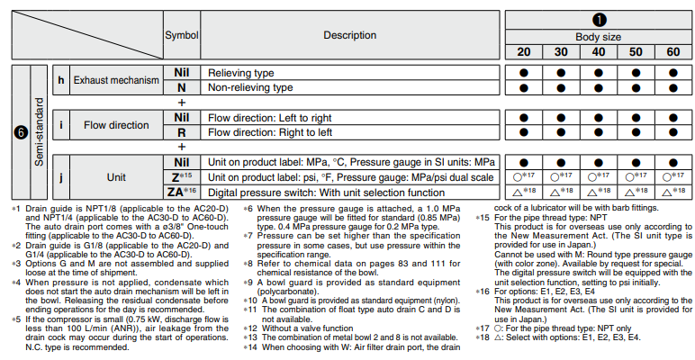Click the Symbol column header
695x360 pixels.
[181, 34]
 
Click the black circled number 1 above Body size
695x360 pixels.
[598, 18]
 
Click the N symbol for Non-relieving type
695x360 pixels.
[181, 88]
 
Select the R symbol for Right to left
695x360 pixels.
[181, 131]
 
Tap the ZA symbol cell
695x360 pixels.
[178, 192]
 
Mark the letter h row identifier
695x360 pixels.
[60, 80]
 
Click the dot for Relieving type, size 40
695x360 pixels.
[598, 72]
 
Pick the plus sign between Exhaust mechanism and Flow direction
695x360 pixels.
[181, 103]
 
